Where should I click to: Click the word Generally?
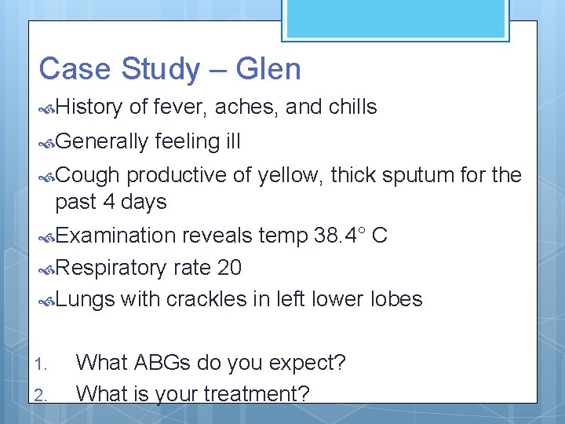101,141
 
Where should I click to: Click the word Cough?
87,175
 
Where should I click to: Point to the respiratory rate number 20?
229,268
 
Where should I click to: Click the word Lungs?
85,299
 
